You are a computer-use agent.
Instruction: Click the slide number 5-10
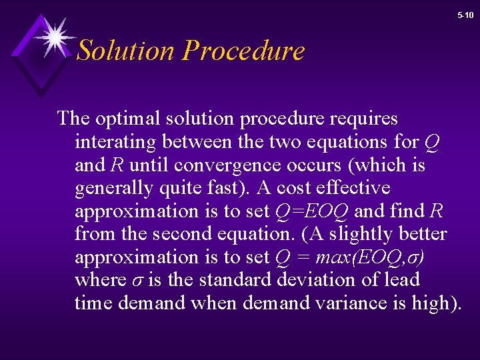pos(465,15)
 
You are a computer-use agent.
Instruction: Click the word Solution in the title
pos(125,51)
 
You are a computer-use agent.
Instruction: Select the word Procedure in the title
pos(243,51)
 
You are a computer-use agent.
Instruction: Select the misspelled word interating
pos(115,142)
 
